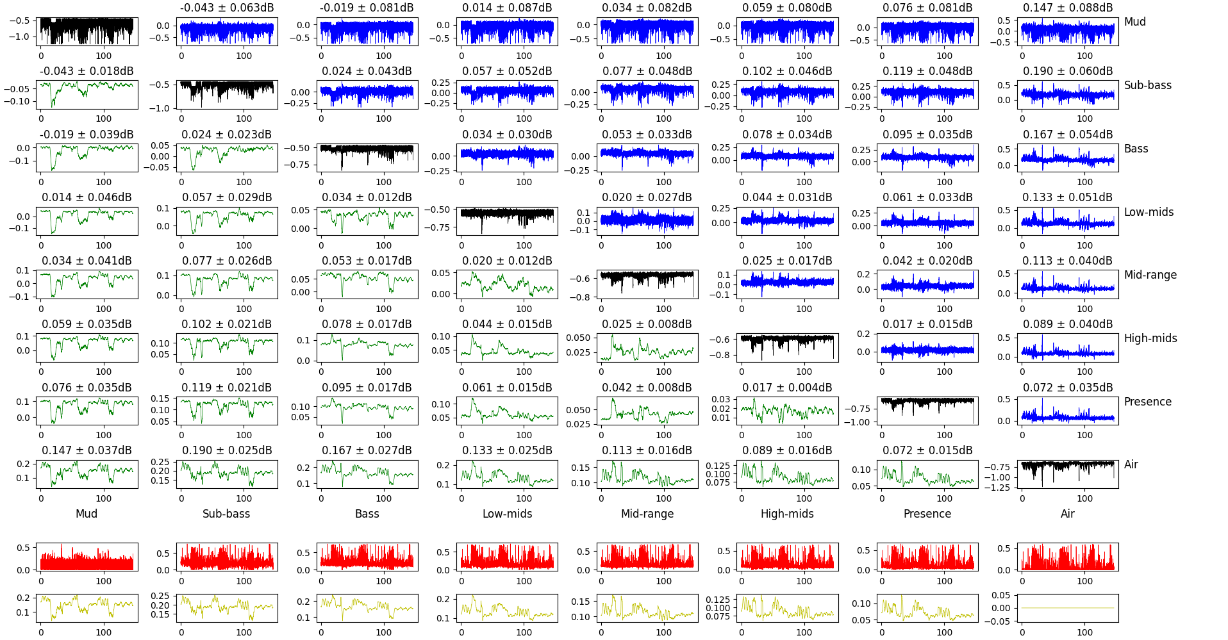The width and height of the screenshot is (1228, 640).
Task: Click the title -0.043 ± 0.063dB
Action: click(226, 8)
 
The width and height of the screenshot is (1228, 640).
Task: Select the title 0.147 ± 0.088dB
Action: click(1068, 8)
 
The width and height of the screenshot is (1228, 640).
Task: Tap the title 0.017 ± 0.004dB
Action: click(787, 388)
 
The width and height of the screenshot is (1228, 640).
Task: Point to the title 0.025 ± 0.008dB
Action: click(647, 324)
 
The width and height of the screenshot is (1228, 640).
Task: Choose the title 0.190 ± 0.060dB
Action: click(1068, 71)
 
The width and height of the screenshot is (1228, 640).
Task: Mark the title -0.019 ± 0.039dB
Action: click(87, 135)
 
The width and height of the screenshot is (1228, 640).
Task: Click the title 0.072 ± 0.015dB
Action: click(927, 450)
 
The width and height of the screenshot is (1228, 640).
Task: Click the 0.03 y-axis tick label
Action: click(721, 399)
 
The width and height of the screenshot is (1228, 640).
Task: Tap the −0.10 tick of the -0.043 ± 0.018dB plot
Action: click(17, 101)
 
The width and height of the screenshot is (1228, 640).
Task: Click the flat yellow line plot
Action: click(1068, 608)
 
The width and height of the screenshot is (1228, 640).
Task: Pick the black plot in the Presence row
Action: click(927, 411)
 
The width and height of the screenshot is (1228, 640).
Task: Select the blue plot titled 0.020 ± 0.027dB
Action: click(647, 221)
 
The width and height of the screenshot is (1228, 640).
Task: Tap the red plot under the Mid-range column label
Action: click(647, 557)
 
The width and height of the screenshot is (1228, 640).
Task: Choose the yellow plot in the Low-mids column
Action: click(507, 608)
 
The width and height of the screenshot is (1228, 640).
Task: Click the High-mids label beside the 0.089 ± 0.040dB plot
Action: click(1150, 338)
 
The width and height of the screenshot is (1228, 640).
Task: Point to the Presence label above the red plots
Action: click(927, 514)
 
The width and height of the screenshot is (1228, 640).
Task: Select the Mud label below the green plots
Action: click(87, 514)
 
